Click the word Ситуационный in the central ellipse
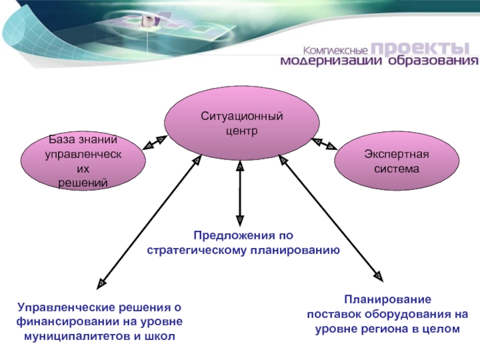coord(242,116)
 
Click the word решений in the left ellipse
coord(83,183)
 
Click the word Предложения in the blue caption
coord(229,236)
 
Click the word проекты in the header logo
coord(418,48)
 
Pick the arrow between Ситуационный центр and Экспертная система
coord(323,143)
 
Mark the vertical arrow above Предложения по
coord(239,192)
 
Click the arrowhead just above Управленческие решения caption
coord(102,280)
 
